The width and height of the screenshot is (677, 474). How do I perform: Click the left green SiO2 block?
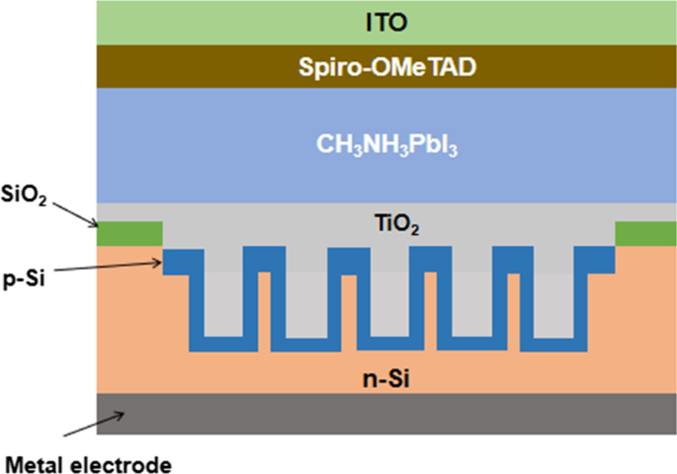(129, 233)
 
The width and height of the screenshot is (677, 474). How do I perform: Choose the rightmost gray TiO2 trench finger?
(552, 296)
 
